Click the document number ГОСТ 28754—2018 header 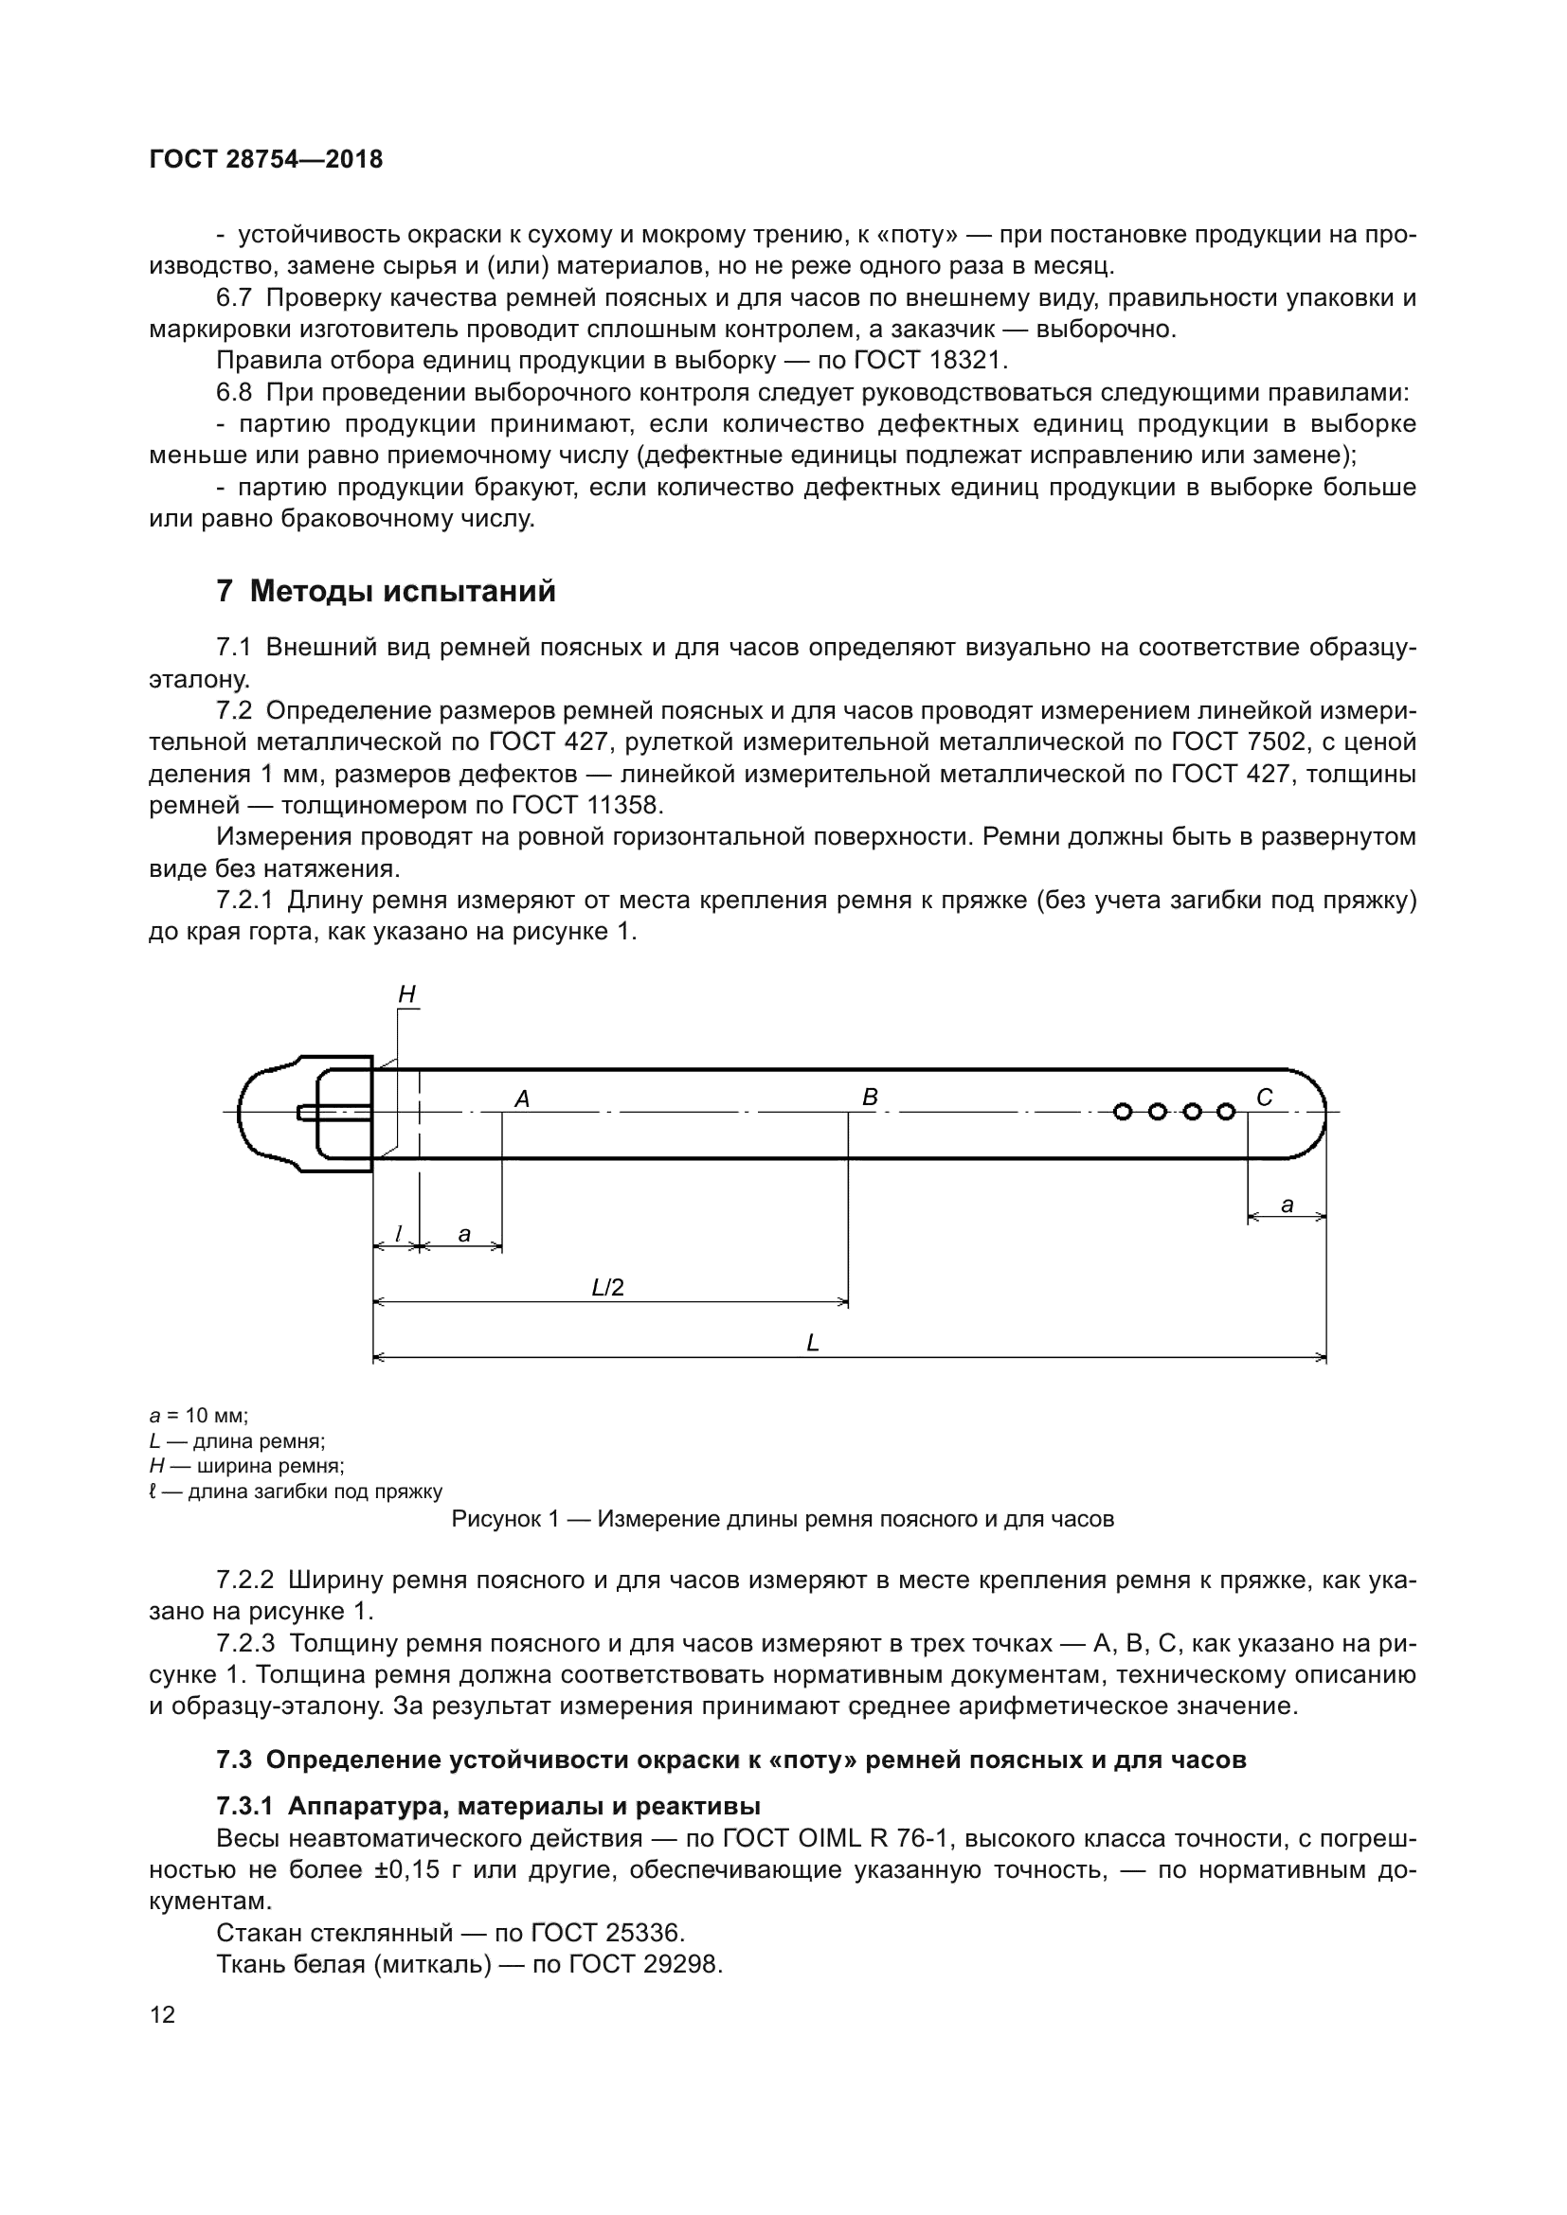(x=266, y=159)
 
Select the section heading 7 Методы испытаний (x=386, y=590)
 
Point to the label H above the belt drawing (x=407, y=994)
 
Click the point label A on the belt (x=522, y=1099)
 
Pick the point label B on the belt (x=870, y=1097)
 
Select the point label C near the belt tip (x=1264, y=1097)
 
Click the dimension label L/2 (x=608, y=1287)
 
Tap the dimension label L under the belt (x=813, y=1343)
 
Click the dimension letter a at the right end (x=1287, y=1205)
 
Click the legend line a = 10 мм (x=199, y=1416)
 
